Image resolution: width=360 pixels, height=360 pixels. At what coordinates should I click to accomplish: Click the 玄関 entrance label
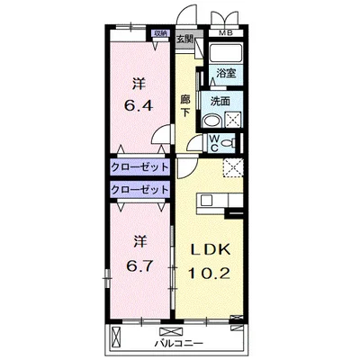pyautogui.click(x=184, y=39)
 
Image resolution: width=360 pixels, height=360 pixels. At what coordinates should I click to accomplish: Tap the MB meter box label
pyautogui.click(x=226, y=33)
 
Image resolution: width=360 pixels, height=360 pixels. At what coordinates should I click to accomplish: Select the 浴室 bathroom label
pyautogui.click(x=226, y=73)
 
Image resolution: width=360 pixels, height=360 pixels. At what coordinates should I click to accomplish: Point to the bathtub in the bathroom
pyautogui.click(x=225, y=53)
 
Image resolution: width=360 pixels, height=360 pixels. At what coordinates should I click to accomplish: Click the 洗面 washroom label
pyautogui.click(x=220, y=102)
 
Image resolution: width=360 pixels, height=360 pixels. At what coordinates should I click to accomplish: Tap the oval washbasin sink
pyautogui.click(x=212, y=121)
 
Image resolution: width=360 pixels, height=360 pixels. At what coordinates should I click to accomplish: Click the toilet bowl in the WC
pyautogui.click(x=229, y=143)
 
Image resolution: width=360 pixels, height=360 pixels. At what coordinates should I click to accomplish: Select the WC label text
pyautogui.click(x=214, y=143)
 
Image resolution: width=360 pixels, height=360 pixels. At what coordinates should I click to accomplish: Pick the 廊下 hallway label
pyautogui.click(x=185, y=105)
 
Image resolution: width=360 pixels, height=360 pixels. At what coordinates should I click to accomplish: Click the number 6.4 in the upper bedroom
pyautogui.click(x=139, y=105)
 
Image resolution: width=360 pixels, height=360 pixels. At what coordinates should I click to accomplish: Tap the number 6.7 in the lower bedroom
pyautogui.click(x=139, y=265)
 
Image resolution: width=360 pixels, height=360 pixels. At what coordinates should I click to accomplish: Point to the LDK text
pyautogui.click(x=211, y=249)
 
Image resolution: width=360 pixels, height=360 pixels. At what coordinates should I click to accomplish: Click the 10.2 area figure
pyautogui.click(x=209, y=273)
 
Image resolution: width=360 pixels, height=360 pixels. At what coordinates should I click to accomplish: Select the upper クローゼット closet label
pyautogui.click(x=139, y=166)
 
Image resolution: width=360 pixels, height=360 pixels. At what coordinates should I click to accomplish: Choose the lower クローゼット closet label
pyautogui.click(x=139, y=189)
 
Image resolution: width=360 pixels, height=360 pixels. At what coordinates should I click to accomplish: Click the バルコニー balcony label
pyautogui.click(x=179, y=343)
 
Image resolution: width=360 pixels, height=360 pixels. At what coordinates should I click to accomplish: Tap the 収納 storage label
pyautogui.click(x=160, y=33)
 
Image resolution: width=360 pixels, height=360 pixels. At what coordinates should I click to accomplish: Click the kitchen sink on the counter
pyautogui.click(x=207, y=200)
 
